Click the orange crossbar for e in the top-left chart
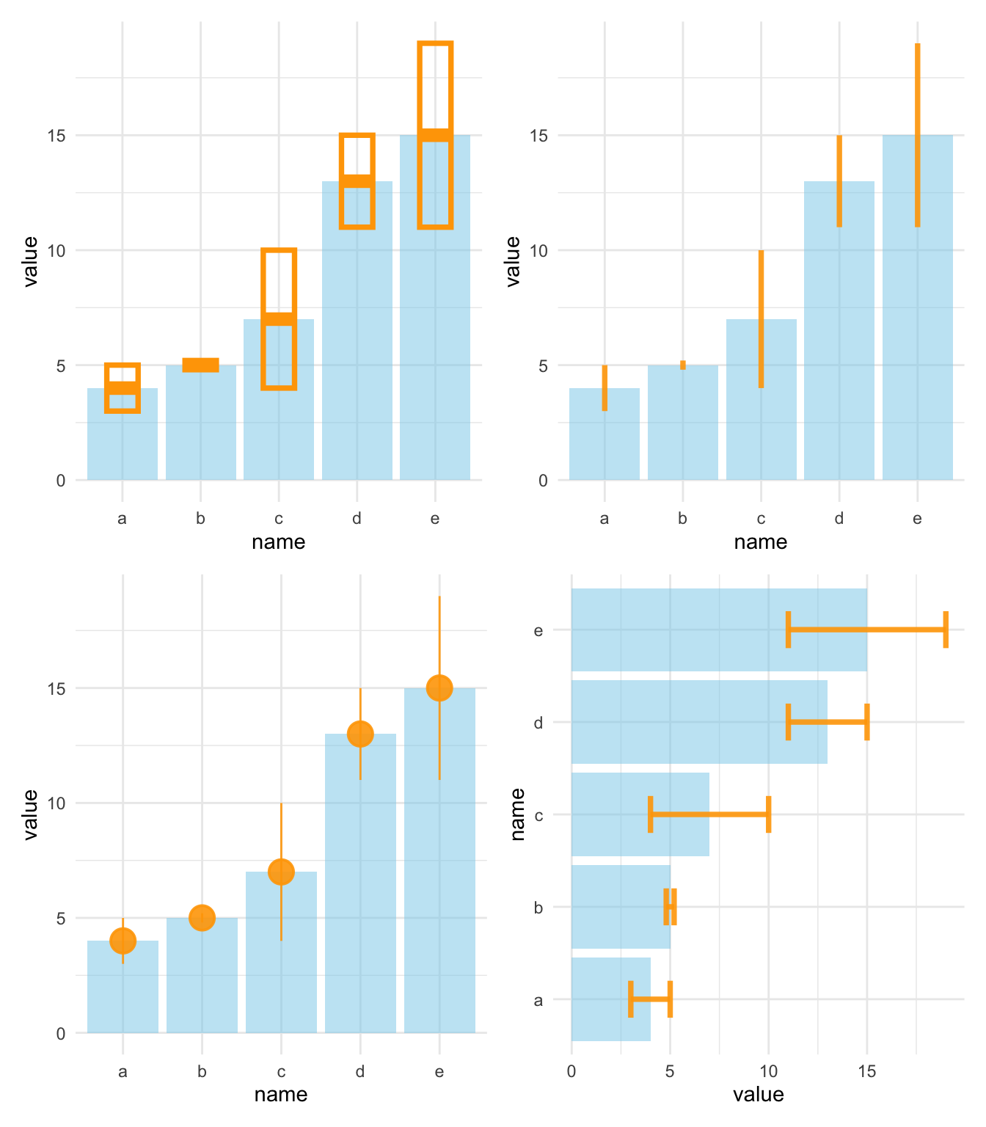tap(435, 135)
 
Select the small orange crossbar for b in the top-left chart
tap(200, 365)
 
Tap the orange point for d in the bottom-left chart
tap(360, 734)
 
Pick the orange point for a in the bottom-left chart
tap(123, 941)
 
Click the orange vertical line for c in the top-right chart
tap(761, 318)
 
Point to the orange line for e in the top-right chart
tap(917, 135)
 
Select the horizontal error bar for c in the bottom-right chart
tap(709, 814)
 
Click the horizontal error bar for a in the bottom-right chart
tap(651, 999)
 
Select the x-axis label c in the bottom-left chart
tap(281, 1072)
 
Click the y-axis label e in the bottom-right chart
tap(538, 630)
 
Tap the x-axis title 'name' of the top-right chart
tap(761, 542)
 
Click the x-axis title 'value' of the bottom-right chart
tap(758, 1095)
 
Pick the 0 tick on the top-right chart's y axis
tap(543, 481)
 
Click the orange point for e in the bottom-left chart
tap(439, 688)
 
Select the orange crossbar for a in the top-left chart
tap(123, 388)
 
